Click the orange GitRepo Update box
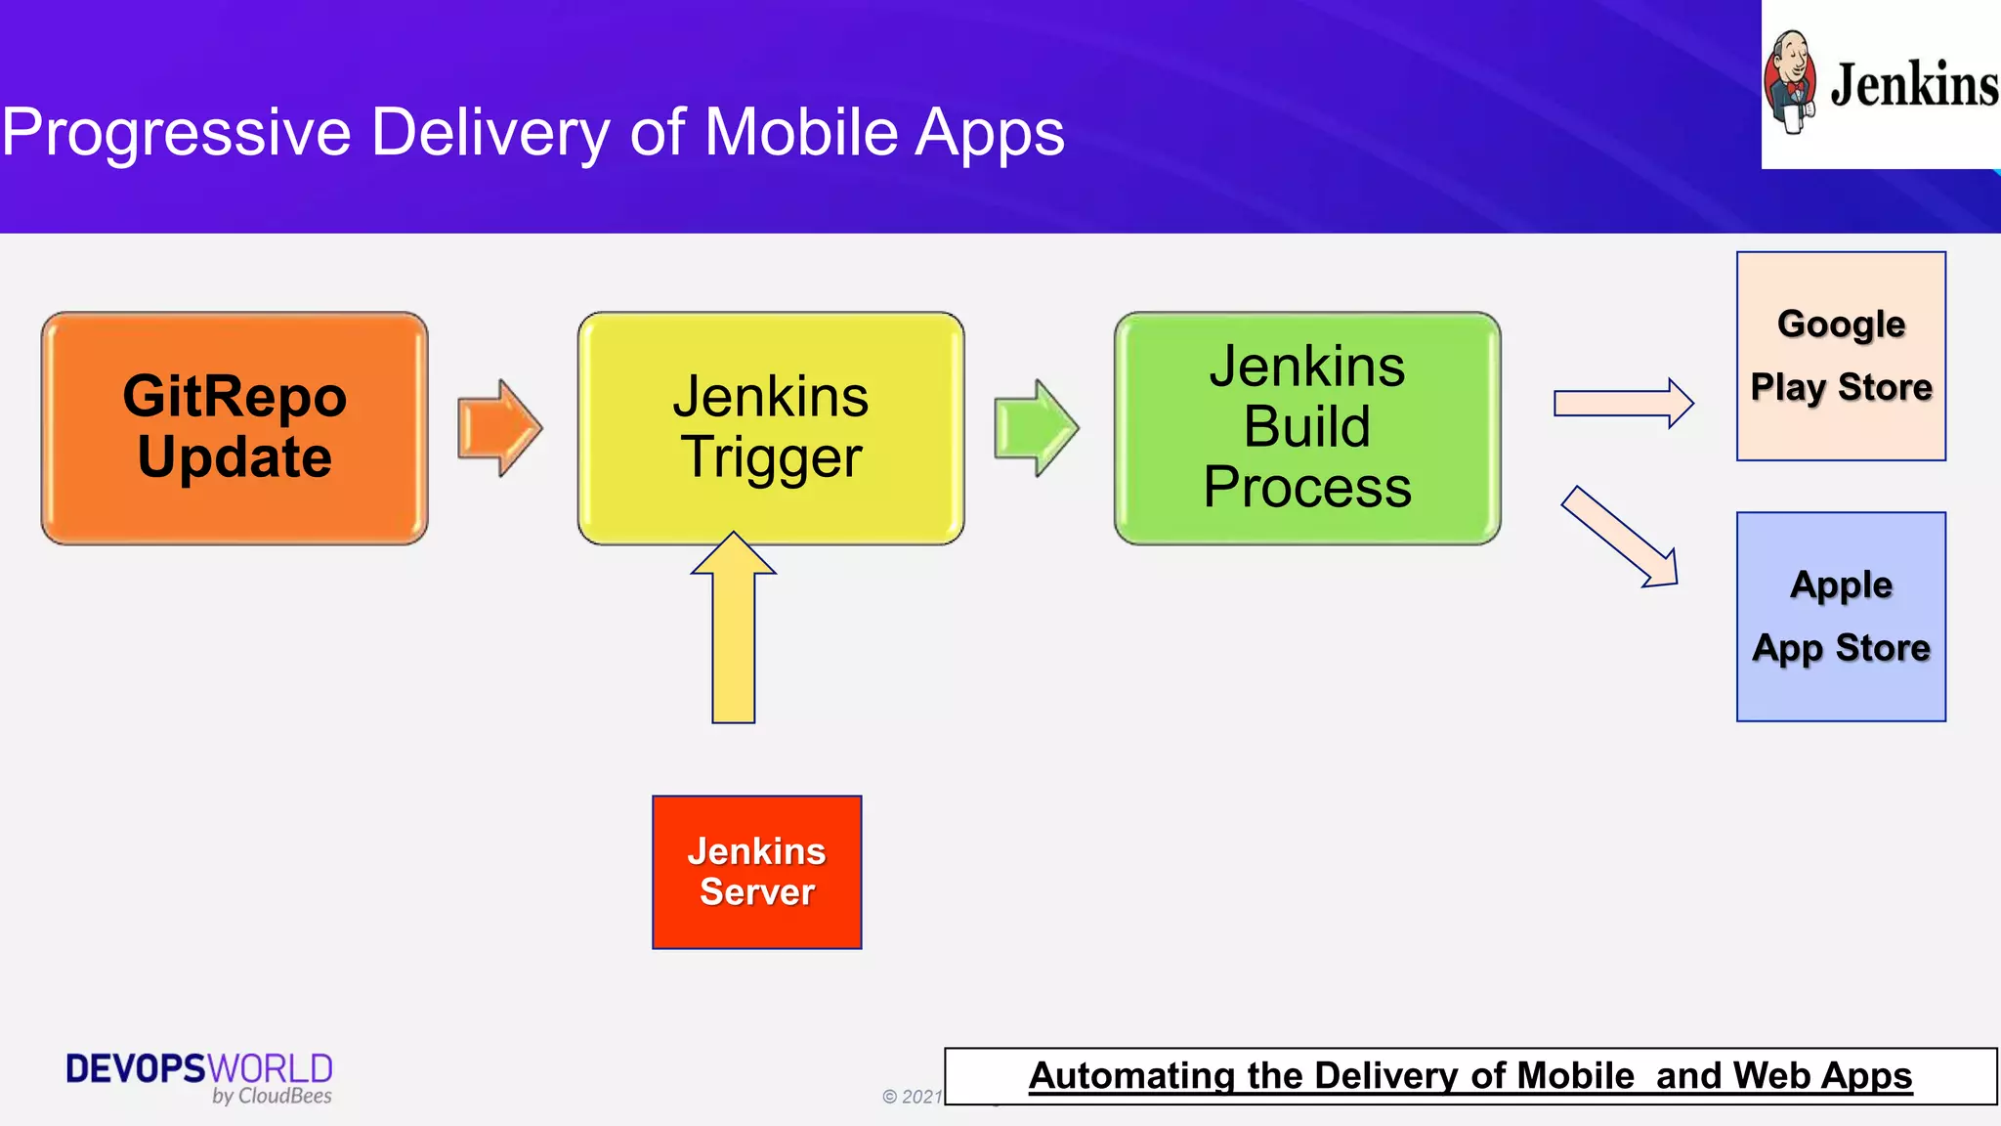(234, 428)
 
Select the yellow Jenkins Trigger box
(770, 428)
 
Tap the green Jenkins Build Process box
(1306, 428)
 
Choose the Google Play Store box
(1841, 356)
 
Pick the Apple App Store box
(1841, 617)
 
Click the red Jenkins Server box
(757, 872)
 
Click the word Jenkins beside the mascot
(1913, 86)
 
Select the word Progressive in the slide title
(176, 133)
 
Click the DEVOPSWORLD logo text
(199, 1068)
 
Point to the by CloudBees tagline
(272, 1097)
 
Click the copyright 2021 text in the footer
(912, 1097)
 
